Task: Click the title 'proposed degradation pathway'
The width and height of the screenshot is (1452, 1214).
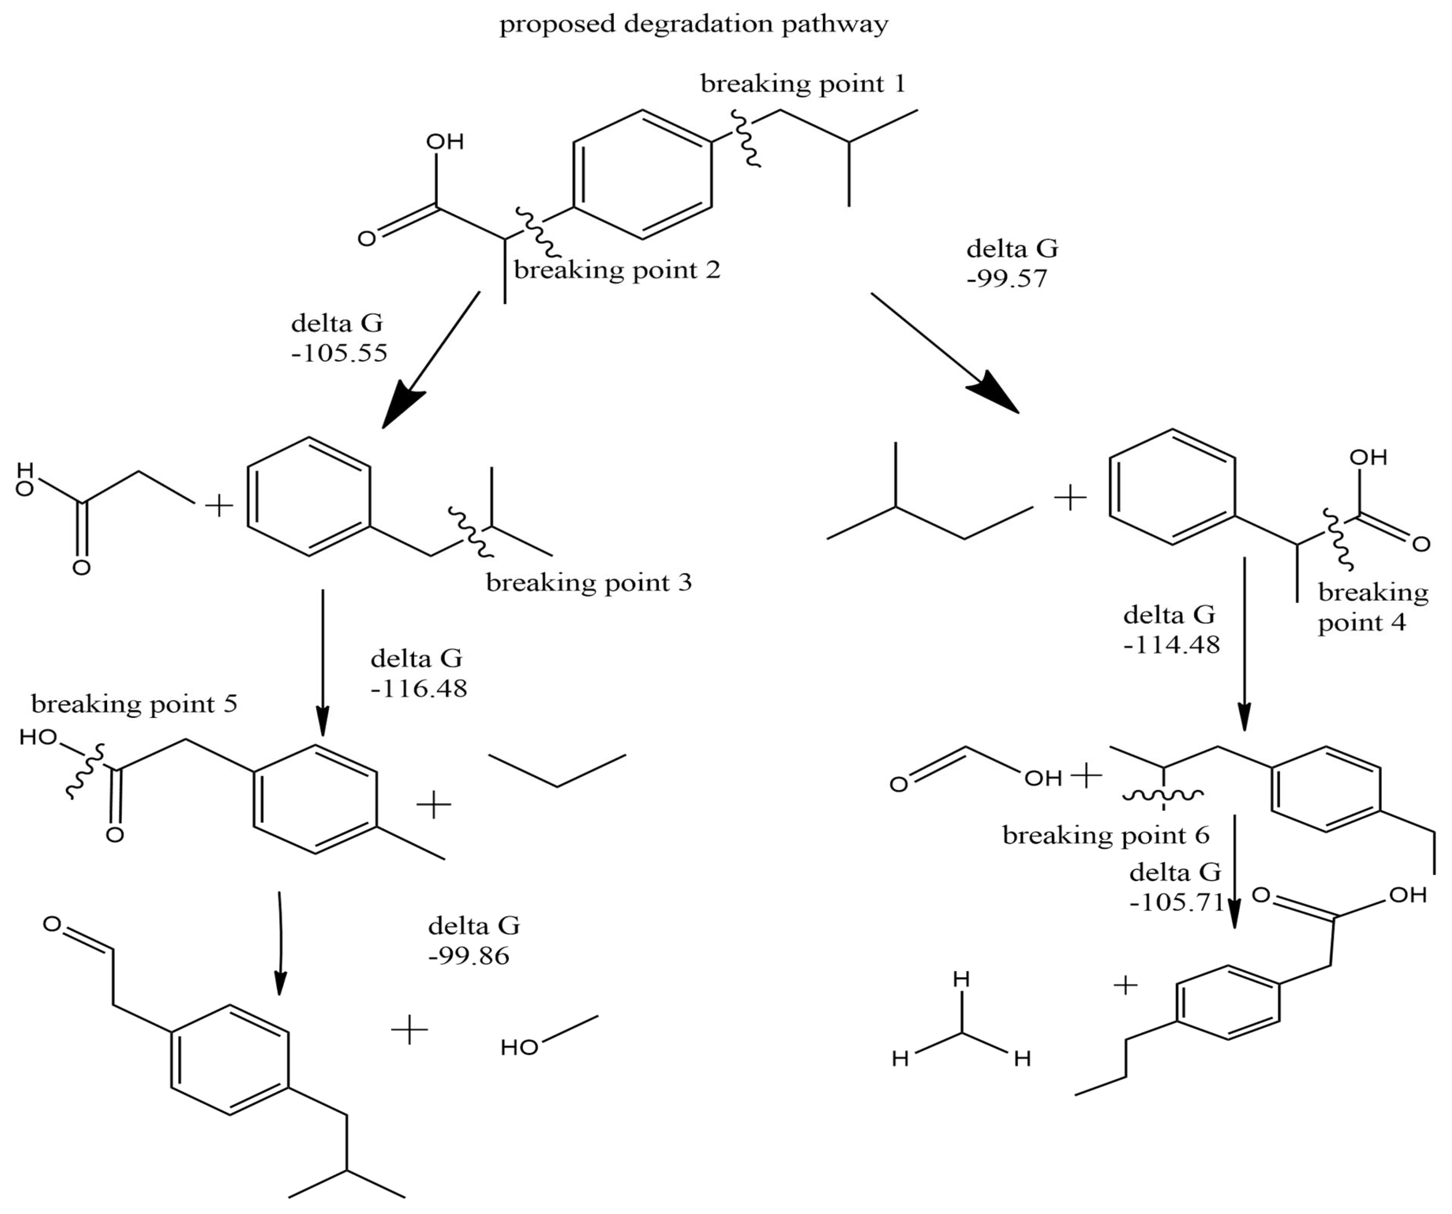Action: click(x=693, y=24)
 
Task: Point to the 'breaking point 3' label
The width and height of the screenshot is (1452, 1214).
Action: click(x=589, y=582)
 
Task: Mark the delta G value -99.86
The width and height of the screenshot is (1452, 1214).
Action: click(x=469, y=956)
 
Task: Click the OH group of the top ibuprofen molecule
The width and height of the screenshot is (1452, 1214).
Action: click(x=445, y=142)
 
